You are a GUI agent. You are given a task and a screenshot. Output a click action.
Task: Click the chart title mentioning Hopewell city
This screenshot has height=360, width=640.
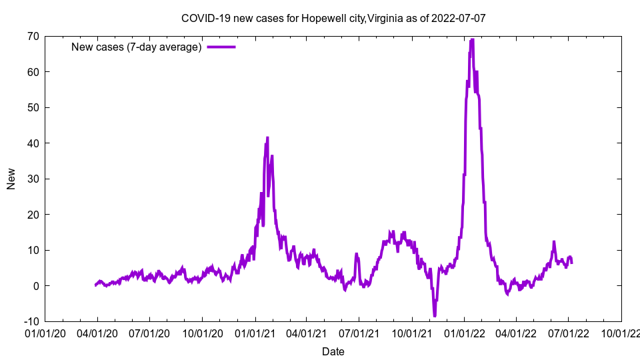(333, 18)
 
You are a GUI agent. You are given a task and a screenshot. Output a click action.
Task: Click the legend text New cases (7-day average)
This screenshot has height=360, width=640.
(137, 47)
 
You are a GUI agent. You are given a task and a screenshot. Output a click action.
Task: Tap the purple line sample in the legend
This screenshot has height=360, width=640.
(221, 47)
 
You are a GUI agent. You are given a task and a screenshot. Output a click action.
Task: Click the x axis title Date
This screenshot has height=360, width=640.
(333, 351)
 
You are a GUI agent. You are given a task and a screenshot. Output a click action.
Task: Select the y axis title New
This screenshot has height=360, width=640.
(11, 179)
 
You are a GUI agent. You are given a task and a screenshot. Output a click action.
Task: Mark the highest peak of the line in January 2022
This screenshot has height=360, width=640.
(472, 39)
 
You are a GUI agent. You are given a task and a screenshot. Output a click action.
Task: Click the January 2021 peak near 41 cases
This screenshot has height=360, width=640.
(267, 138)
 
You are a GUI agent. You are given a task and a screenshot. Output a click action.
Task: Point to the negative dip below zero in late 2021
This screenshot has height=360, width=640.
(435, 315)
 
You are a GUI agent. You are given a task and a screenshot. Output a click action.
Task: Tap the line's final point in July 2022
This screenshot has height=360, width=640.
(571, 263)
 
